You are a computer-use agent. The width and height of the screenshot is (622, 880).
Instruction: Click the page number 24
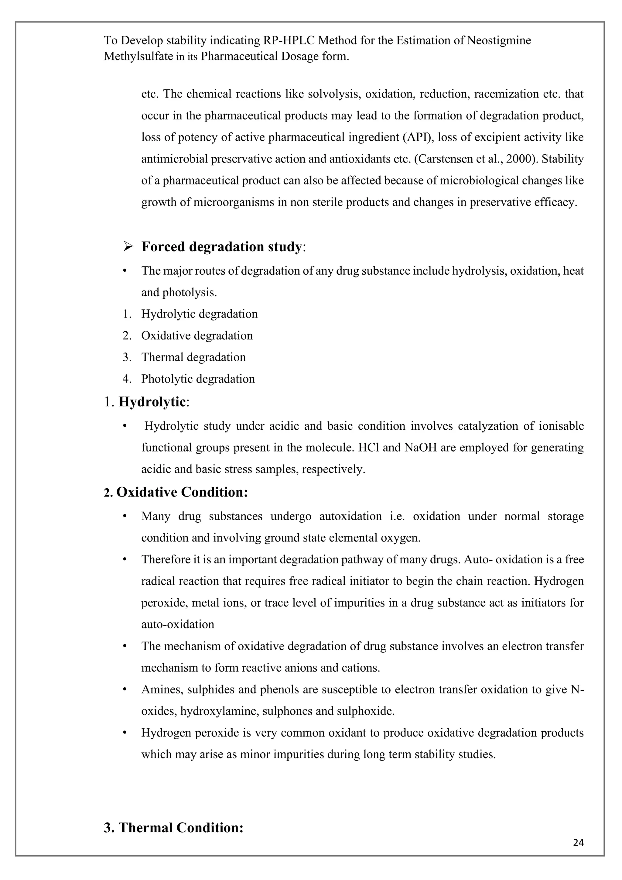[x=578, y=843]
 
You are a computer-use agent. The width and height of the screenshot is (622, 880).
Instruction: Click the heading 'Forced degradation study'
[x=221, y=247]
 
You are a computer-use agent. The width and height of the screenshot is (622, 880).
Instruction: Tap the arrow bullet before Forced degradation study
[x=128, y=247]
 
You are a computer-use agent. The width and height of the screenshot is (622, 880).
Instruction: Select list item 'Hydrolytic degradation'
[x=199, y=314]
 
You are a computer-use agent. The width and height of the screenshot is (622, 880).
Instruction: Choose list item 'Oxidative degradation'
[x=197, y=336]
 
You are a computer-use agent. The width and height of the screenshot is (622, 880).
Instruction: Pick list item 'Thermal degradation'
[x=193, y=357]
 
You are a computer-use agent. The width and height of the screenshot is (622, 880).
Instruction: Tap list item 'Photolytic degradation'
[x=198, y=379]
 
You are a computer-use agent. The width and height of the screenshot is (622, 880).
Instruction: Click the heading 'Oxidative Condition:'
[x=182, y=492]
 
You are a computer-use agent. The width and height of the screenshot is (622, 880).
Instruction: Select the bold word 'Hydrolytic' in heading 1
[x=152, y=402]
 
